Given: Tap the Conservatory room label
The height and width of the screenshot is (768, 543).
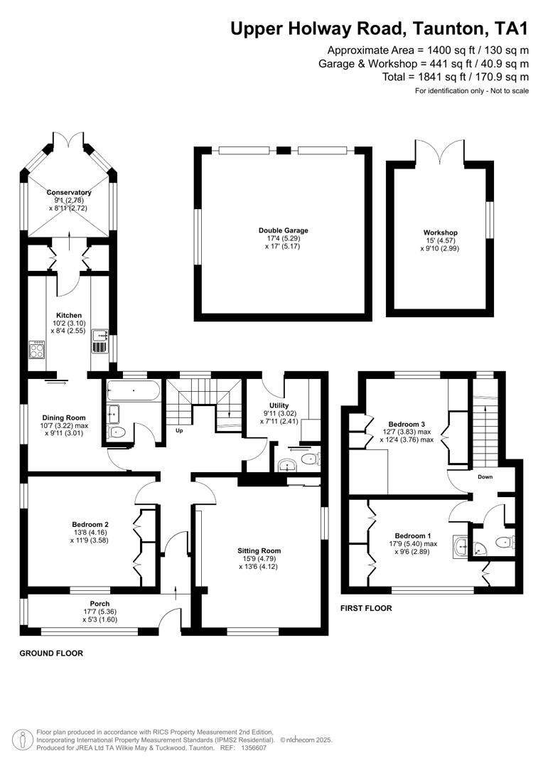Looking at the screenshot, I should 69,193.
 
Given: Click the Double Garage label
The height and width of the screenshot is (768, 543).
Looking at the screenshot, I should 284,230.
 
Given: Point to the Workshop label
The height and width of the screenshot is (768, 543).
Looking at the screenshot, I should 440,233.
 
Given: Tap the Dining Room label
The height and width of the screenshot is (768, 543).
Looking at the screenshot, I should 64,417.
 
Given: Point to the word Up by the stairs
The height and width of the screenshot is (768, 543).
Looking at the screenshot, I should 179,430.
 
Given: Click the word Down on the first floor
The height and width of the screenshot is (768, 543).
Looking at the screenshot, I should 485,477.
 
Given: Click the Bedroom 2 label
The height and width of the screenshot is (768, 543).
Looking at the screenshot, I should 90,524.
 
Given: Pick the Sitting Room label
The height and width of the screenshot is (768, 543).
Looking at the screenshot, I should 259,550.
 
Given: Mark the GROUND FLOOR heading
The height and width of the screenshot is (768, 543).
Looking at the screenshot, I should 50,653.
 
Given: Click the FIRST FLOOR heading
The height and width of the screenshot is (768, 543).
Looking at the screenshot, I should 366,608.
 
